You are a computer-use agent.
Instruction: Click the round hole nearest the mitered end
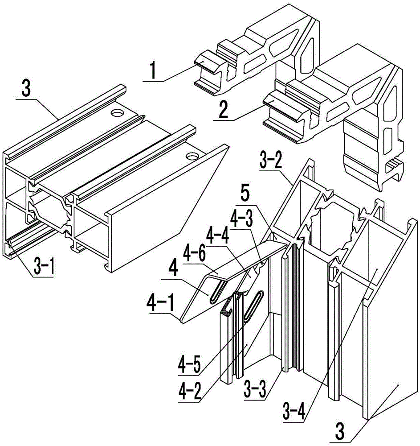(192, 156)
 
